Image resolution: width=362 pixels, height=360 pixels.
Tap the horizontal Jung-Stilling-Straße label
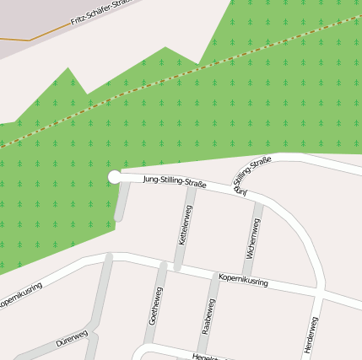(x=175, y=180)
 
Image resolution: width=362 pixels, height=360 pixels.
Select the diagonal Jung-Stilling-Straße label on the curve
(x=252, y=176)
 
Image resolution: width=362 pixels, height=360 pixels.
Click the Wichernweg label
(x=252, y=237)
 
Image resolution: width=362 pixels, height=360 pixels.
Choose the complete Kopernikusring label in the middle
(x=242, y=280)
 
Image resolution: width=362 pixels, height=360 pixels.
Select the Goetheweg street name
(x=156, y=305)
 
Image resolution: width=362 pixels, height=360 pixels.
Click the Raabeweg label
(x=208, y=317)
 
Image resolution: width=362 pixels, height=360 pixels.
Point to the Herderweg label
(x=310, y=335)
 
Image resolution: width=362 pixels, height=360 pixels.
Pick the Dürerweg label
(x=72, y=339)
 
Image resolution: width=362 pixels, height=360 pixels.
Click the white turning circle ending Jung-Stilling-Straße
(x=114, y=176)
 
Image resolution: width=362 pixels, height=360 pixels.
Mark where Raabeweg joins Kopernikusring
(x=215, y=275)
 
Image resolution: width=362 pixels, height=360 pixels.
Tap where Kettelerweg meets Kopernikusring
(x=179, y=268)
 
